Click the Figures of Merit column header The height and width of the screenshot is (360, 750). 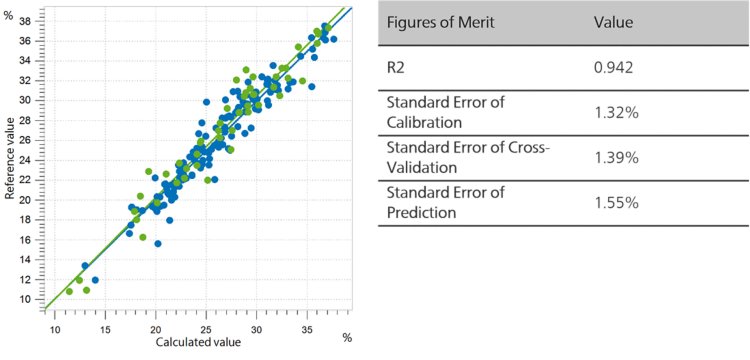[x=436, y=22]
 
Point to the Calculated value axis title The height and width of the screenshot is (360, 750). [x=197, y=343]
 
